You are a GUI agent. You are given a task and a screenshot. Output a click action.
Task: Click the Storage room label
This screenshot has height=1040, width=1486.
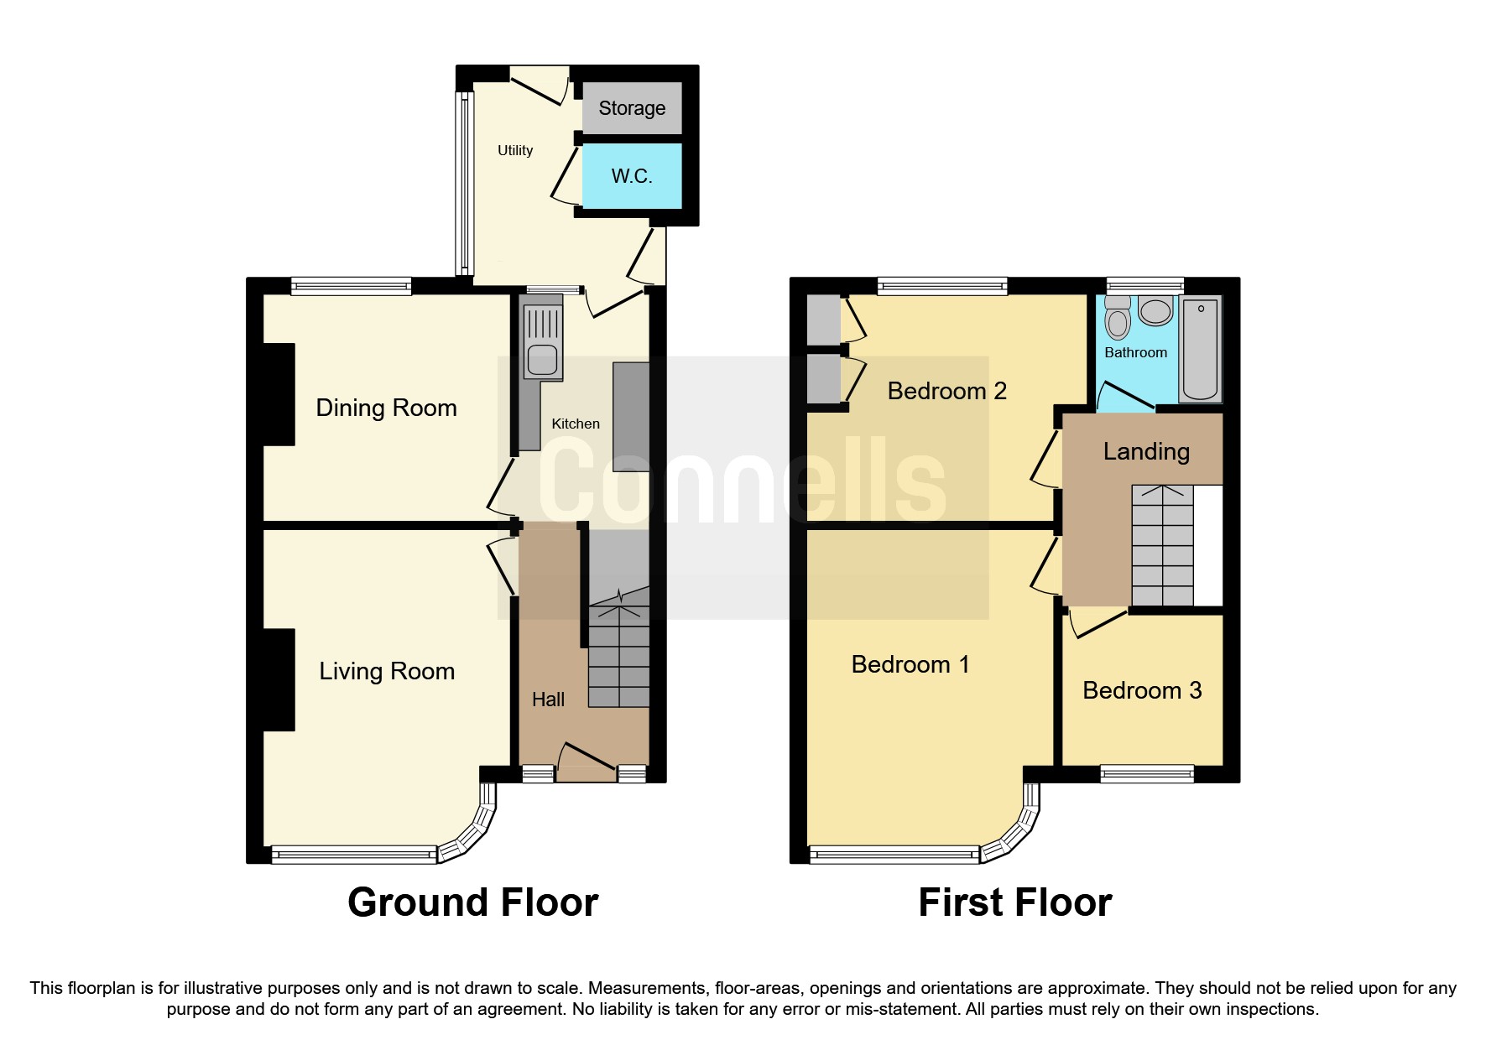point(632,108)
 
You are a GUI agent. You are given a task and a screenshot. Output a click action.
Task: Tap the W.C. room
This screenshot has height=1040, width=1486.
point(632,176)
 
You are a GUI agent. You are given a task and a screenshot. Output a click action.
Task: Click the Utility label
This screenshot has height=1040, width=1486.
point(515,150)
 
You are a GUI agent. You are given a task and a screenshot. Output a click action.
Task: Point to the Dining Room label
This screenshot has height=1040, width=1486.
point(386,408)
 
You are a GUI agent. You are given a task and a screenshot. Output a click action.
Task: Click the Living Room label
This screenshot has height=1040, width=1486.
point(387,671)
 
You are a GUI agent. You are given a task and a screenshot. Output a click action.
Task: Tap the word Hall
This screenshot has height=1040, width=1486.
point(548,699)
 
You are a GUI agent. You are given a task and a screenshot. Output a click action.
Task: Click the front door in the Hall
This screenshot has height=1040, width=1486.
point(587,758)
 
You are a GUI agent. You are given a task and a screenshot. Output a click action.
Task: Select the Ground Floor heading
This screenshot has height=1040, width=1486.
point(472,902)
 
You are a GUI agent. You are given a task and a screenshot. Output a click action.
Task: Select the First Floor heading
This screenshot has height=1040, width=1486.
point(1014,902)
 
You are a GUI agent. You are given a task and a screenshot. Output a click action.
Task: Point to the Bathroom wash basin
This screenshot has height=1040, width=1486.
point(1156,312)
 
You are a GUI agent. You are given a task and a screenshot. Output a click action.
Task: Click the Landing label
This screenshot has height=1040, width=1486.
point(1146,451)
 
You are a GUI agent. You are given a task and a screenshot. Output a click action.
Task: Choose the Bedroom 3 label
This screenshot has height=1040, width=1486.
point(1142,690)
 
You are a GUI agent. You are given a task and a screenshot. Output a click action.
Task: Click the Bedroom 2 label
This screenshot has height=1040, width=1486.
point(946,391)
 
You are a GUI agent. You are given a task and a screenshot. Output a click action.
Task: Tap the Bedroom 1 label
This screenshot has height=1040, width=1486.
point(910,664)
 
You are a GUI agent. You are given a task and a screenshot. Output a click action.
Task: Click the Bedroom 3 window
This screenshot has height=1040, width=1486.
point(1147,773)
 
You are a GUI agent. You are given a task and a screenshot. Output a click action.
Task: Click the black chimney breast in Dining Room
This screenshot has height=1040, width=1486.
point(279,394)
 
